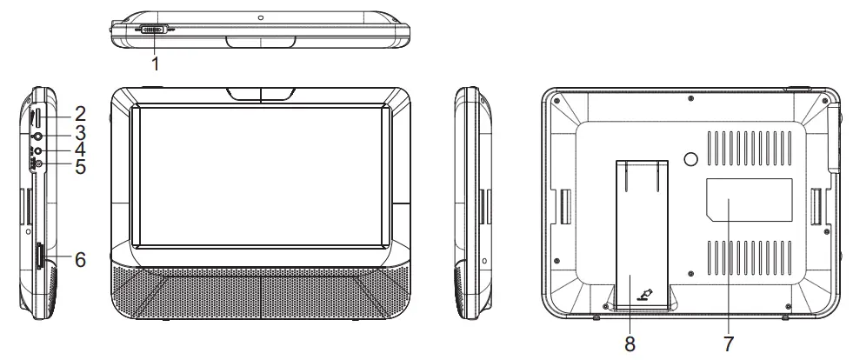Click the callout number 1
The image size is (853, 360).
(x=155, y=63)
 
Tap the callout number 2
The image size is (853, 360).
(x=80, y=112)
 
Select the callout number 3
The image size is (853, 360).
(x=80, y=132)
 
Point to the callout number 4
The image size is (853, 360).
(x=80, y=150)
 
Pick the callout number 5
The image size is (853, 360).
(x=80, y=166)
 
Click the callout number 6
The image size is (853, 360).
(x=80, y=258)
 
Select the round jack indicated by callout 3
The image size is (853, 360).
(x=37, y=136)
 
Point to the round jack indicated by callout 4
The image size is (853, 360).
(x=37, y=150)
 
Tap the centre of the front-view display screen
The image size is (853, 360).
(x=260, y=174)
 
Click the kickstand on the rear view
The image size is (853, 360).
(x=643, y=235)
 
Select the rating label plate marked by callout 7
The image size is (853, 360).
(x=748, y=198)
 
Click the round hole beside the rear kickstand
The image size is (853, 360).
(x=690, y=159)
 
